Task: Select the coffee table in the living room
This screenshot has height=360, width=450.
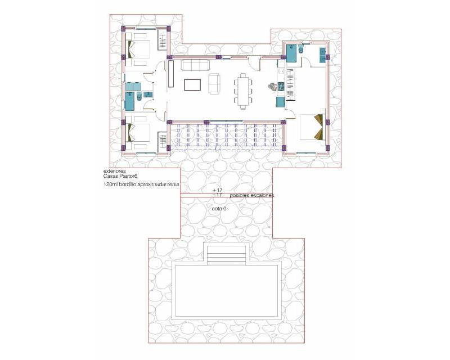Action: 192,84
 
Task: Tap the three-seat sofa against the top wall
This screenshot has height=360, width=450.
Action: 193,65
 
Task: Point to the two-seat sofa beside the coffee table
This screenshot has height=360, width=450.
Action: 214,83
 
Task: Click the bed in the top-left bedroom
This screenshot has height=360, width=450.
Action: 139,48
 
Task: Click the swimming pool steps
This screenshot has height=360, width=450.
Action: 226,255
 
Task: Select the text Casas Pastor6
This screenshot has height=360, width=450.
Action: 120,177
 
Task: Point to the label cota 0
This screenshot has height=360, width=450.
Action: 219,209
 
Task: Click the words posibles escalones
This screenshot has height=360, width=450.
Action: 253,195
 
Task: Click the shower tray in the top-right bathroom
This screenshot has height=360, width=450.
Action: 291,54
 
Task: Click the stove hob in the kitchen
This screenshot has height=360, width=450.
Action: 280,85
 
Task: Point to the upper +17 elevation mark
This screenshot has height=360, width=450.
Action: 218,191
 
